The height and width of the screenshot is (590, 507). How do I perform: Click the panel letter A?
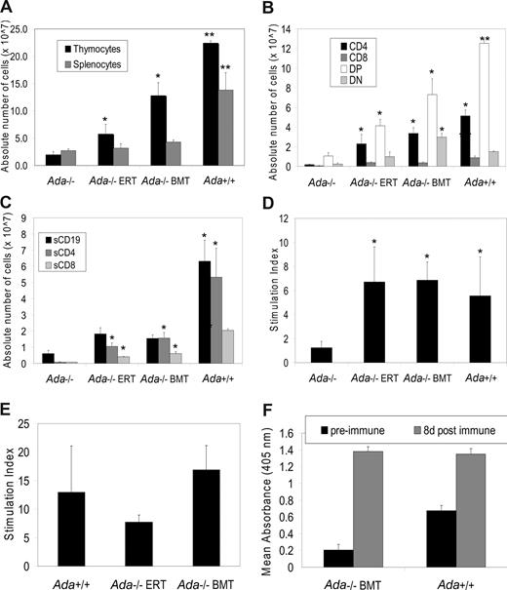[9, 8]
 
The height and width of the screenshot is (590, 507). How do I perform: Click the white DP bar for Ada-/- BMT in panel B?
[407, 138]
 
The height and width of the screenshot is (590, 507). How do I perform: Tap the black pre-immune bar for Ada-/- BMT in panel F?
[338, 558]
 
